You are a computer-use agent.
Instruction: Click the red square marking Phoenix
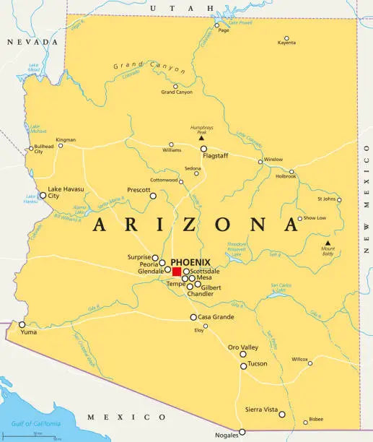[x=177, y=272]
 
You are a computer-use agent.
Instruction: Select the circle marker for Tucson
[x=243, y=365]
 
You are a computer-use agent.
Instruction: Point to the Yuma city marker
[x=22, y=324]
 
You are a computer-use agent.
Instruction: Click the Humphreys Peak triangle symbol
[x=201, y=139]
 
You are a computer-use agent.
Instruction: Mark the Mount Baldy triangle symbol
[x=327, y=243]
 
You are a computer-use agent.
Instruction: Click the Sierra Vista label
[x=260, y=409]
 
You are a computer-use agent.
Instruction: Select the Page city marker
[x=216, y=25]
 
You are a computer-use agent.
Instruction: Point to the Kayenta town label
[x=286, y=43]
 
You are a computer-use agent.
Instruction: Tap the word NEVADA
[x=30, y=43]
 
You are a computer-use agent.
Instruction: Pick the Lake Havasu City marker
[x=43, y=196]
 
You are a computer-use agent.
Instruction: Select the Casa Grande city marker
[x=193, y=317]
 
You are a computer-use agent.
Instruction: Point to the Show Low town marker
[x=300, y=218]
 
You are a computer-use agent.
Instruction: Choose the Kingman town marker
[x=61, y=145]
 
